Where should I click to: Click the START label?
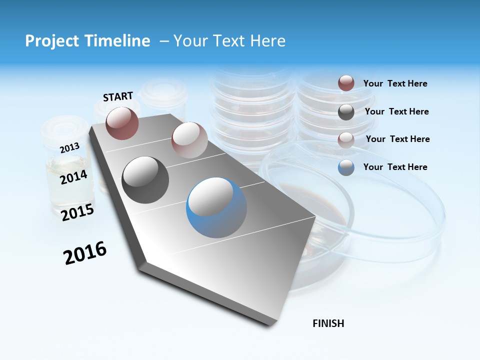pos(118,96)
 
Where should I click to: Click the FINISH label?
pos(328,323)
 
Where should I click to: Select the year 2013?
pos(69,147)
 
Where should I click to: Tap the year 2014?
pos(73,177)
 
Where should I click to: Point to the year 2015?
pos(77,212)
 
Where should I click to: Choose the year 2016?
pos(85,252)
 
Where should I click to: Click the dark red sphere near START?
pos(122,123)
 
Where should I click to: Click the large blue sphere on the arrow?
pos(216,207)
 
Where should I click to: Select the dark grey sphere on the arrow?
pos(145,180)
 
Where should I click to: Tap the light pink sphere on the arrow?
pos(189,140)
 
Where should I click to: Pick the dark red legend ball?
pos(346,83)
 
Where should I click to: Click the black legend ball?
pos(346,112)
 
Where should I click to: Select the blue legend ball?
pos(346,167)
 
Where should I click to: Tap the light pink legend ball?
pos(346,139)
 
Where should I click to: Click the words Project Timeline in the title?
pos(87,41)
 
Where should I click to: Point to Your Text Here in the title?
pos(229,41)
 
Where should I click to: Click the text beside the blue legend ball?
pos(395,167)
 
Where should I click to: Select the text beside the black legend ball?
pos(396,111)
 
